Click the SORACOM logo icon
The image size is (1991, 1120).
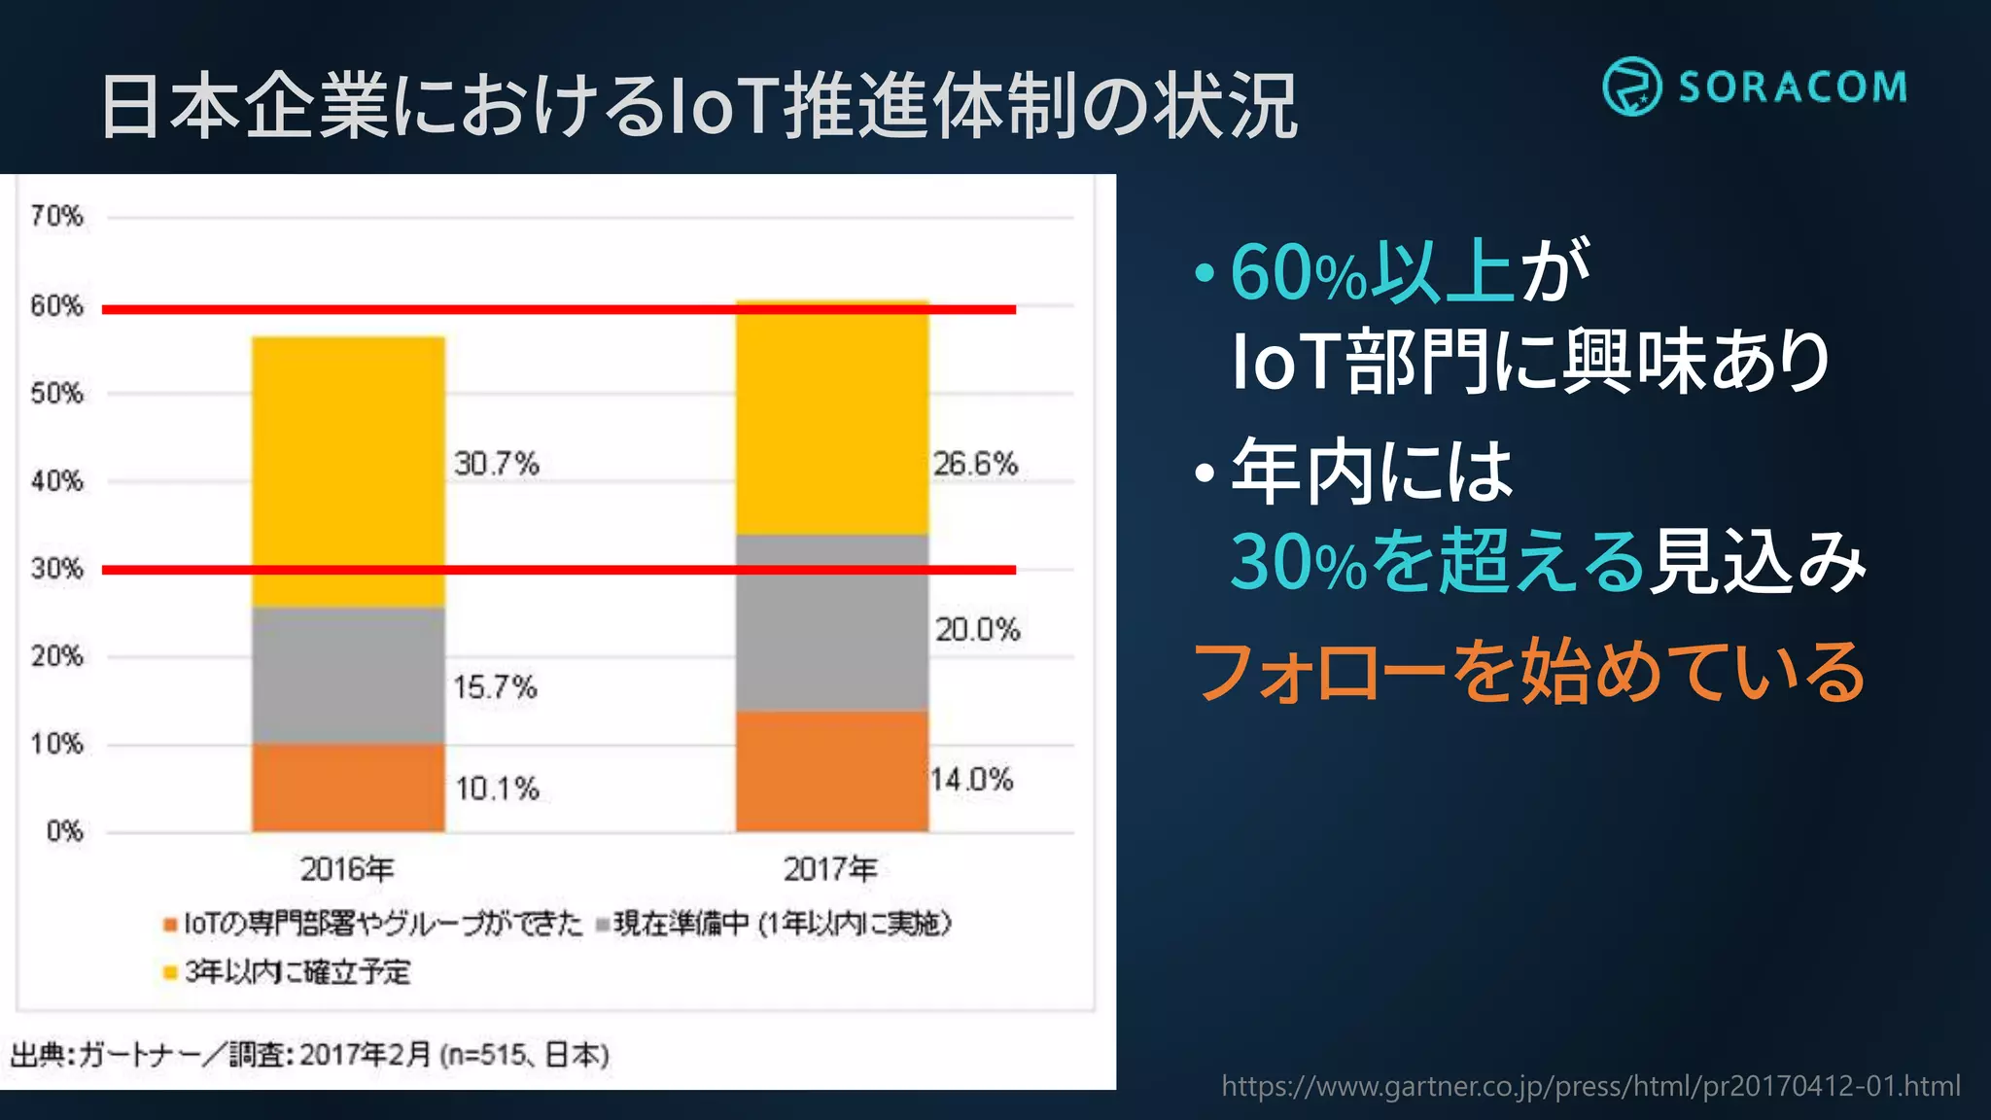click(x=1631, y=87)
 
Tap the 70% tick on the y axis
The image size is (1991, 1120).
click(x=56, y=216)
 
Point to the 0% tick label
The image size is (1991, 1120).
click(x=64, y=831)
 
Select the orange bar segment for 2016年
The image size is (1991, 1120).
click(x=348, y=787)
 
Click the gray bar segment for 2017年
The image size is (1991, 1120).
click(x=831, y=622)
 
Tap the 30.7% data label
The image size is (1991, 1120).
click(x=496, y=464)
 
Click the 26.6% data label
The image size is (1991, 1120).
click(x=975, y=464)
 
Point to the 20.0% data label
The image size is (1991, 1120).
click(x=977, y=630)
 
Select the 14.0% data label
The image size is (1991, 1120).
click(x=971, y=780)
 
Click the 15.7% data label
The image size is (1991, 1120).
click(x=495, y=687)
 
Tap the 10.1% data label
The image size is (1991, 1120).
click(x=497, y=788)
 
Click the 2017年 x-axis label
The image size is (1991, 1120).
click(x=830, y=868)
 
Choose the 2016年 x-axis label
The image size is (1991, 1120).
click(x=347, y=868)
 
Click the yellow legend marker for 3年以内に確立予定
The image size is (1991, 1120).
click(x=170, y=971)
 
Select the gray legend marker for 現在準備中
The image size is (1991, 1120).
click(x=603, y=924)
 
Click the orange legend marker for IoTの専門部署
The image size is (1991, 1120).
click(x=170, y=924)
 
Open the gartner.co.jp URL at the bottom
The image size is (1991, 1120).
click(x=1590, y=1085)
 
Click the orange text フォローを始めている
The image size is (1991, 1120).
click(x=1528, y=671)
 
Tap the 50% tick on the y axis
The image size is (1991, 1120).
click(x=56, y=394)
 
